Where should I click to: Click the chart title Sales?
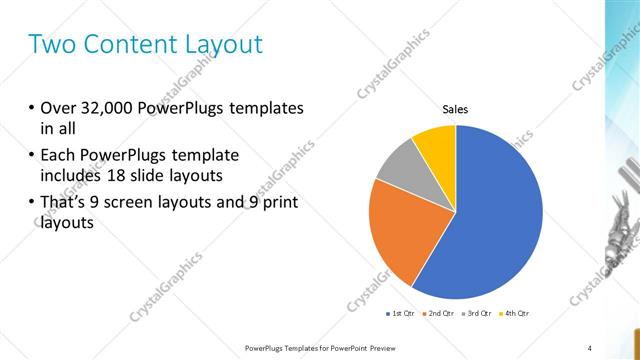click(x=456, y=110)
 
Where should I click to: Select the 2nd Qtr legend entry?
click(x=444, y=313)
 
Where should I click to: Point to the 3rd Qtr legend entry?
click(x=479, y=313)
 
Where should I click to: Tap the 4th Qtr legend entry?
click(x=515, y=313)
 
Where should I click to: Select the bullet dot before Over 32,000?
click(x=31, y=108)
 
